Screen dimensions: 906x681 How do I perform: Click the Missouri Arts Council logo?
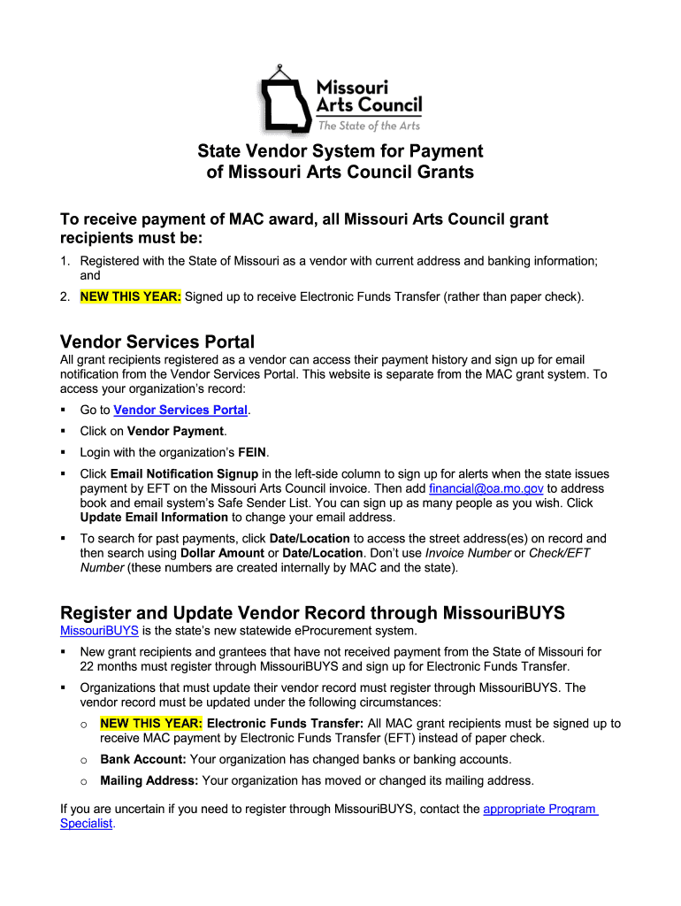[340, 98]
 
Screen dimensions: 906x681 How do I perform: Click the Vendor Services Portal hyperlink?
[180, 411]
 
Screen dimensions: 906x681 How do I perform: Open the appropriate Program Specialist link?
[539, 809]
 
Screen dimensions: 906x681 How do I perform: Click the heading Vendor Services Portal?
[157, 342]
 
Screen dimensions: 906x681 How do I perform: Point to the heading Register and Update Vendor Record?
[312, 612]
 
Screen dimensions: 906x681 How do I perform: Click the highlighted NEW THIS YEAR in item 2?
[131, 297]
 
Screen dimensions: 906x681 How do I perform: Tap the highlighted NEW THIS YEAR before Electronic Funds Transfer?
[151, 723]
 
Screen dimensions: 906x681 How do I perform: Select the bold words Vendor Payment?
[176, 432]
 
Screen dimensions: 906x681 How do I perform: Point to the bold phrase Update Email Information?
[154, 518]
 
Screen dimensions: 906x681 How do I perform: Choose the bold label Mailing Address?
[149, 781]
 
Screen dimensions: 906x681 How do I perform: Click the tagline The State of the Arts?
[376, 126]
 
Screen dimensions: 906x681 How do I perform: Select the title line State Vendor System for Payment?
[340, 151]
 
